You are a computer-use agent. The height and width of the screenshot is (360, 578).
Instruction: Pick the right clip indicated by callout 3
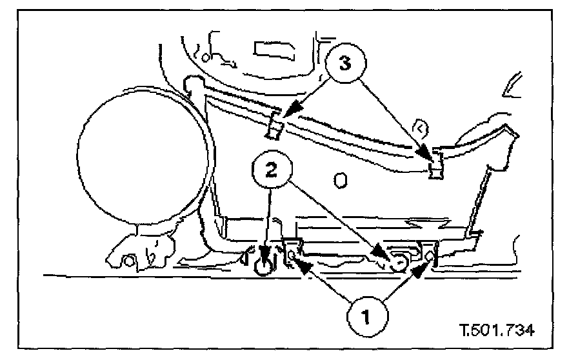point(437,164)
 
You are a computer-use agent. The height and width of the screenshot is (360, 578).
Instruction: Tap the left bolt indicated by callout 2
point(263,264)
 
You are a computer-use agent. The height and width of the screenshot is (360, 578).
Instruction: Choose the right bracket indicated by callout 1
point(430,254)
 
